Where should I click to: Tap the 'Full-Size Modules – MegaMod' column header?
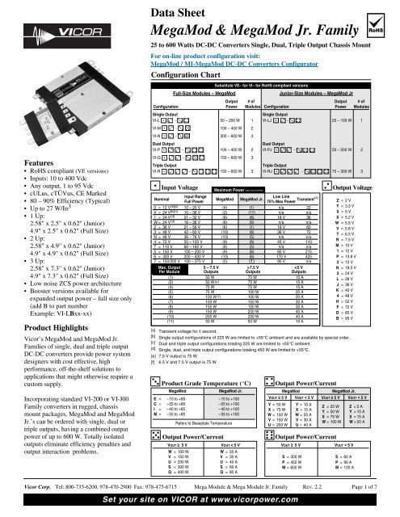coord(187,95)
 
